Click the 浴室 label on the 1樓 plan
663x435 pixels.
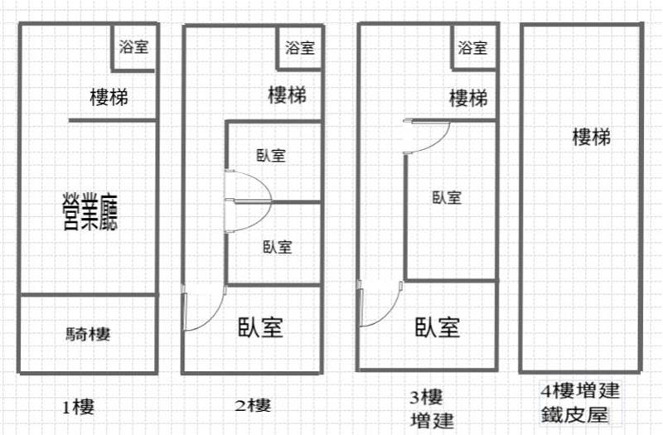click(134, 46)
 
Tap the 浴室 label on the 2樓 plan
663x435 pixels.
click(299, 47)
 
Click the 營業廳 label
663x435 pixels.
click(91, 210)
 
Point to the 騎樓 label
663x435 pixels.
click(88, 335)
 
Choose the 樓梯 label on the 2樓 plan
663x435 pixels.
click(288, 95)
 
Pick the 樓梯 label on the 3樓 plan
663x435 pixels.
click(468, 99)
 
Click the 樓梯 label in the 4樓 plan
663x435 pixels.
click(592, 137)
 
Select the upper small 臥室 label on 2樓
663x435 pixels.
click(271, 155)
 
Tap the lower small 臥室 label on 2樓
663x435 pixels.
click(278, 246)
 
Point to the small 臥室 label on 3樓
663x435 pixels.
click(447, 197)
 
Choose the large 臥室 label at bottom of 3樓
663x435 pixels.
click(438, 327)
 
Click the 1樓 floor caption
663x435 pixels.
click(77, 407)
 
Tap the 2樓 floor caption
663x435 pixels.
click(253, 405)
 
